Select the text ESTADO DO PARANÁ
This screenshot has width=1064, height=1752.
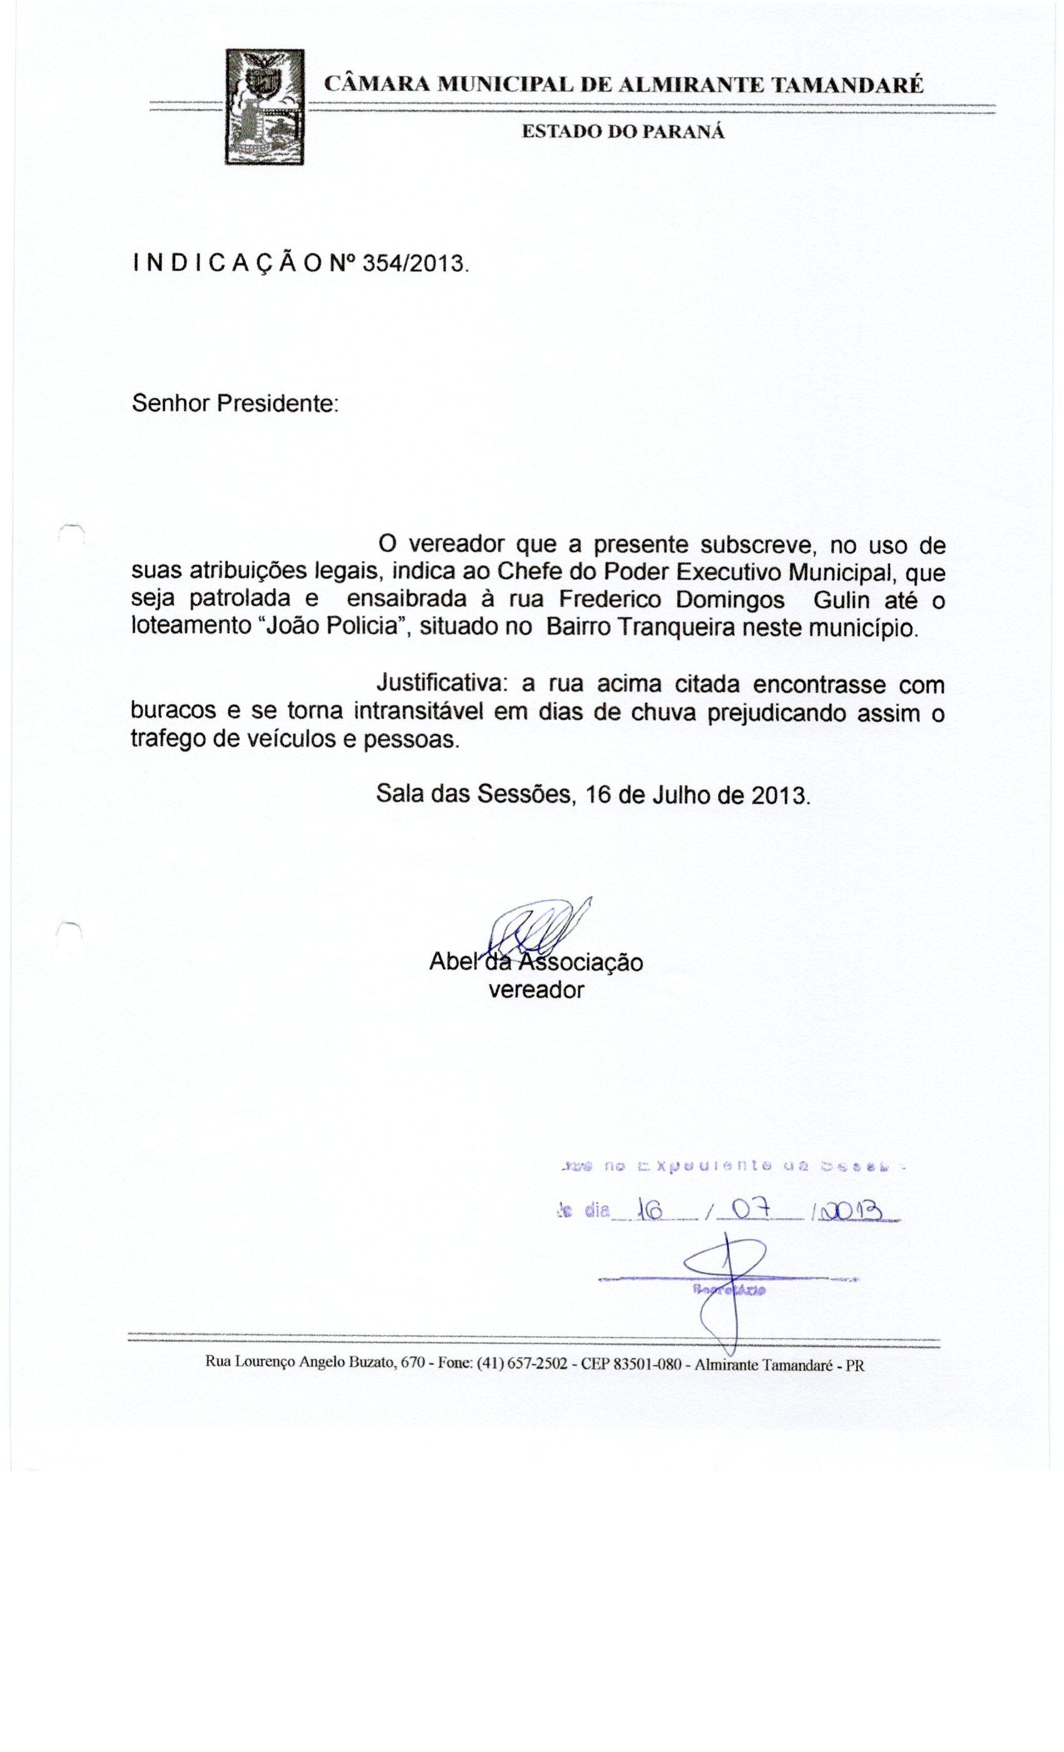(x=623, y=132)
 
